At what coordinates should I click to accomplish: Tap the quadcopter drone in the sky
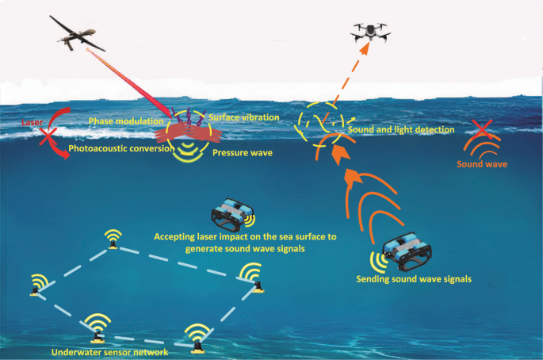(370, 32)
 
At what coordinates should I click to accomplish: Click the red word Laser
(32, 122)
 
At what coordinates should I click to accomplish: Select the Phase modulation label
(126, 121)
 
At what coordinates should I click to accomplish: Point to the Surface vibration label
(244, 117)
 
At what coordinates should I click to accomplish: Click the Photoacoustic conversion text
(121, 148)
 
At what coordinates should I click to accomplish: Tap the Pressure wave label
(243, 153)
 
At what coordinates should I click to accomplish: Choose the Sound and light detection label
(401, 129)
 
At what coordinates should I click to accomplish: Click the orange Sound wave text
(482, 164)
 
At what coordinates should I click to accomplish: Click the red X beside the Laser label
(48, 136)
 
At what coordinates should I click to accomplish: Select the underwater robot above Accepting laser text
(233, 214)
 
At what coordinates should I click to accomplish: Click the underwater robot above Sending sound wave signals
(407, 251)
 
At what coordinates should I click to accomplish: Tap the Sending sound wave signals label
(414, 279)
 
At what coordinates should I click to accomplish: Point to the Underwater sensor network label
(109, 352)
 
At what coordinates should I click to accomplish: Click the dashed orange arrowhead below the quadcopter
(365, 49)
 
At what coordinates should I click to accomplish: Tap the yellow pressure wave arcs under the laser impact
(187, 151)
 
